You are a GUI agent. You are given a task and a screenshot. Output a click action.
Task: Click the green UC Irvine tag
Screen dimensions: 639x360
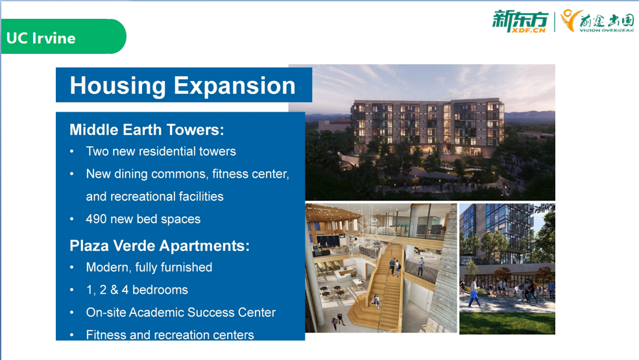pyautogui.click(x=63, y=36)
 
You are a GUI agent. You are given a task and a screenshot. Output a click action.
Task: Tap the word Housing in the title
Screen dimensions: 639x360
pyautogui.click(x=117, y=86)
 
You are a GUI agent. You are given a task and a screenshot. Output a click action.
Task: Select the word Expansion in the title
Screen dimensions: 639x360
pyautogui.click(x=235, y=86)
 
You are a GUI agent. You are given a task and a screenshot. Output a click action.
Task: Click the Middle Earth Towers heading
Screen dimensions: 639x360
pyautogui.click(x=147, y=130)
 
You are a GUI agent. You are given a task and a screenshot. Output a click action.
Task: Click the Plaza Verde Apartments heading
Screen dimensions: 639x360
pyautogui.click(x=160, y=246)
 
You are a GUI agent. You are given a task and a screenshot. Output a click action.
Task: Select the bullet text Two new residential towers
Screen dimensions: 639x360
pyautogui.click(x=161, y=151)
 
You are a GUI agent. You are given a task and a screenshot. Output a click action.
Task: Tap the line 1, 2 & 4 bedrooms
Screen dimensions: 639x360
pyautogui.click(x=137, y=290)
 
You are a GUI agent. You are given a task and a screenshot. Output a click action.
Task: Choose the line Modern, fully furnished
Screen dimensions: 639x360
pyautogui.click(x=149, y=267)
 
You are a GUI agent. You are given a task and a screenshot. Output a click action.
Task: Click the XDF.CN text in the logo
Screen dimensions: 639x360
pyautogui.click(x=529, y=30)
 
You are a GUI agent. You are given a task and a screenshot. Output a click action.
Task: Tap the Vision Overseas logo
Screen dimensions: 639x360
pyautogui.click(x=597, y=21)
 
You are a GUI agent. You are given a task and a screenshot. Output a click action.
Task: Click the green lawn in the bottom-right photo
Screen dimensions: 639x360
pyautogui.click(x=507, y=323)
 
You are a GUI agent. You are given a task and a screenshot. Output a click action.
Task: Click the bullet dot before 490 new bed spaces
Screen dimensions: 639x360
pyautogui.click(x=72, y=219)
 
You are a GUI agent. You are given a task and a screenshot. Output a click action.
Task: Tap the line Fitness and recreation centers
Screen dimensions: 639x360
pyautogui.click(x=170, y=335)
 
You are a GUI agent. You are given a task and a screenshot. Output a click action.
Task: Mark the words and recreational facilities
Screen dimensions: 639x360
pyautogui.click(x=155, y=197)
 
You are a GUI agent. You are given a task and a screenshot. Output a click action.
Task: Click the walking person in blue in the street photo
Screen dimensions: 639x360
pyautogui.click(x=474, y=292)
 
